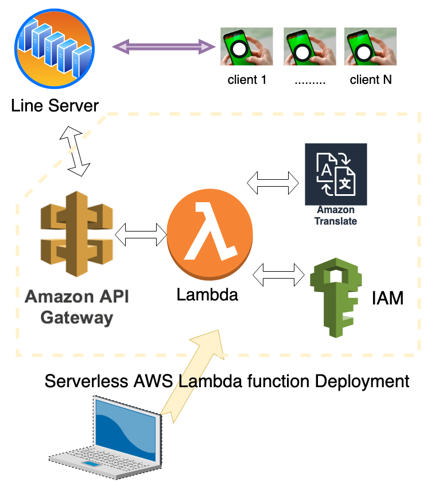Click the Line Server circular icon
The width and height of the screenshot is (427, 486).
click(55, 49)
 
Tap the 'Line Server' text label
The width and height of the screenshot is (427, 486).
click(55, 106)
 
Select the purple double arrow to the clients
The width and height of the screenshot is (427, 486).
click(164, 47)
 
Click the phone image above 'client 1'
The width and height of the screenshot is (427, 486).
click(246, 47)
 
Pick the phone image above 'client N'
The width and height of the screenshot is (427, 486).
click(370, 47)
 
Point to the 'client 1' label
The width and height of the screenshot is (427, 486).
click(247, 80)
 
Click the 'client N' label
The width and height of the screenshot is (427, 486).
click(371, 80)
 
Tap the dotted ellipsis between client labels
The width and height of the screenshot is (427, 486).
click(310, 83)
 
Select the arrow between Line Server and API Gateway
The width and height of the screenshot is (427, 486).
click(75, 151)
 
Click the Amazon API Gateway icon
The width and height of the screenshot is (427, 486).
click(77, 234)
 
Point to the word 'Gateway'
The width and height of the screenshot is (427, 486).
click(77, 318)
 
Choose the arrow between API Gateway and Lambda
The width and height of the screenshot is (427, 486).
click(141, 234)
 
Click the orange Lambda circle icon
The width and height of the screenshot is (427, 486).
click(210, 234)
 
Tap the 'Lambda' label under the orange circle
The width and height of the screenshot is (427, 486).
click(207, 295)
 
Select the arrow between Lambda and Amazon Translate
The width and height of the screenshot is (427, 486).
click(273, 183)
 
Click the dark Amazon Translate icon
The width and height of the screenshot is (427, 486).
click(336, 174)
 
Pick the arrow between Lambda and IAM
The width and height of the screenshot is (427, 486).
click(279, 275)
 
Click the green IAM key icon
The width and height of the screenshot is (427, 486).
click(336, 298)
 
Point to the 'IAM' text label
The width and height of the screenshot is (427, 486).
click(387, 298)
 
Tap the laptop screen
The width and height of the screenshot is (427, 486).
click(126, 426)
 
